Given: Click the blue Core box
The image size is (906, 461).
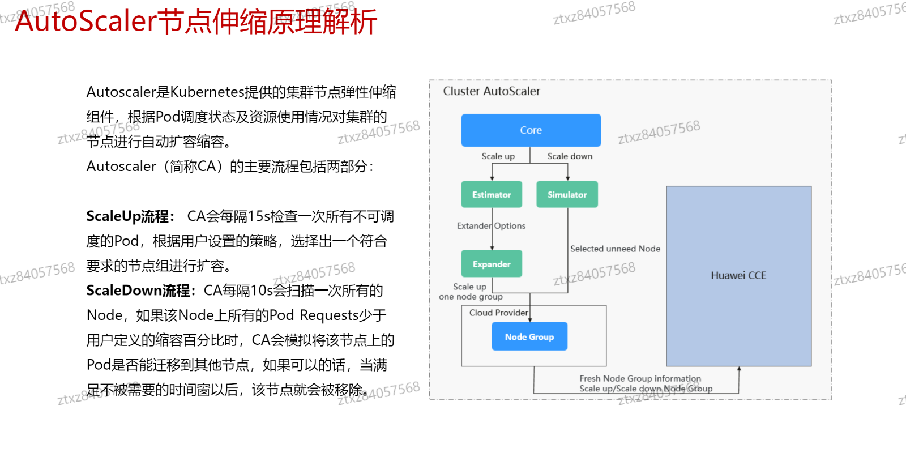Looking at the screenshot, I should (531, 130).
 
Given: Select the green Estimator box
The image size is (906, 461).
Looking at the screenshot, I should (492, 194).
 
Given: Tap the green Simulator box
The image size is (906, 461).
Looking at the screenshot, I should (567, 194).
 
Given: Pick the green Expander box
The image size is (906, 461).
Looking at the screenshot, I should (492, 264).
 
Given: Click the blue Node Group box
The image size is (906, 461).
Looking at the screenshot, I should (529, 336).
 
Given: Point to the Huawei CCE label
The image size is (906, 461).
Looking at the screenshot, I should (738, 276).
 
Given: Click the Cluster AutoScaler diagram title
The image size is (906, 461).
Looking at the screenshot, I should (492, 91).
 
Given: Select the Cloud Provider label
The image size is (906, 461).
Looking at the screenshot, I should (498, 313).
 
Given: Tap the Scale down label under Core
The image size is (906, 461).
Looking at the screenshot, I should (570, 156).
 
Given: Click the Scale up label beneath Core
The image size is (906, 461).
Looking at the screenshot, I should (498, 156).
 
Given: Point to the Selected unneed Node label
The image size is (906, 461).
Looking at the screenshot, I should (615, 249).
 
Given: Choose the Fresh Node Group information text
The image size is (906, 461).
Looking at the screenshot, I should (640, 378).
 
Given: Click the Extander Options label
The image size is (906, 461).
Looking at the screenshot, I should (491, 225).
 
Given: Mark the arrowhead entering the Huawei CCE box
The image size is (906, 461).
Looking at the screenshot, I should (739, 369).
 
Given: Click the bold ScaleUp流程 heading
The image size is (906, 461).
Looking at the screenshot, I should (128, 216).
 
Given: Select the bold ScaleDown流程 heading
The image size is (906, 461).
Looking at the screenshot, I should (139, 291).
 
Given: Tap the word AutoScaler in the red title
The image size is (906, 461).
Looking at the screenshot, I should (86, 22).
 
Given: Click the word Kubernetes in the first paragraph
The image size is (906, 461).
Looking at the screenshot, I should (206, 92).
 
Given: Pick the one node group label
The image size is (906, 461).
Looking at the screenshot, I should (471, 297).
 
